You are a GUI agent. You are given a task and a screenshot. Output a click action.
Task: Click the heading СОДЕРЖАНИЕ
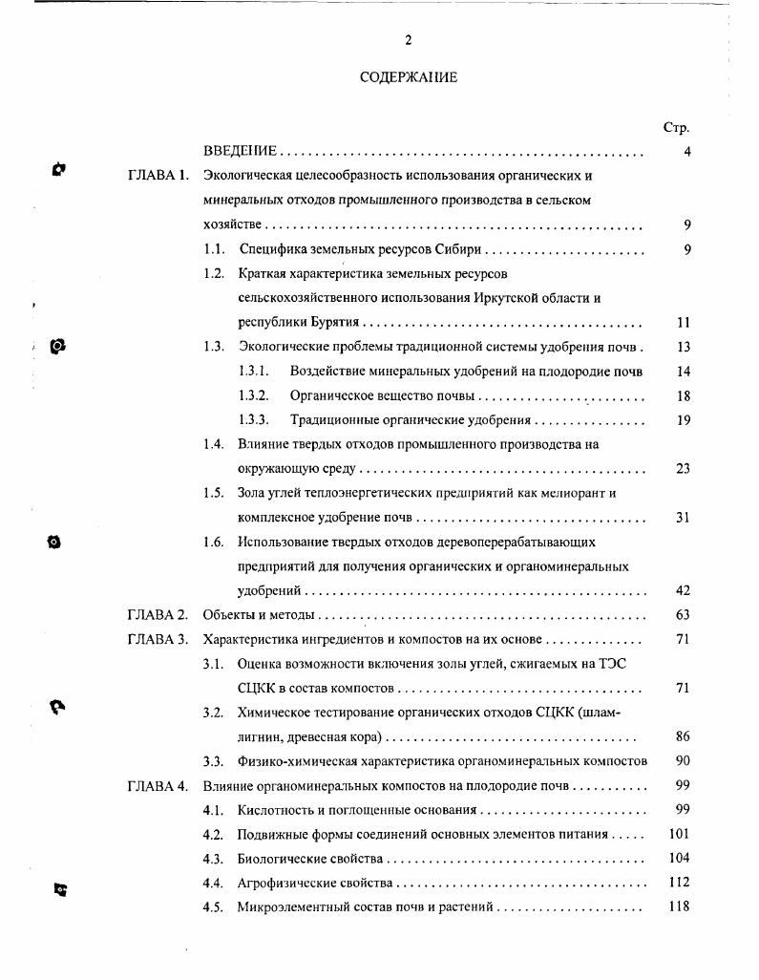point(409,77)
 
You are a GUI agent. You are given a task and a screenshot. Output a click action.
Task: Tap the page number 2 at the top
point(408,40)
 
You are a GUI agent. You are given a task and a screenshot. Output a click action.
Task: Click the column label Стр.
point(676,127)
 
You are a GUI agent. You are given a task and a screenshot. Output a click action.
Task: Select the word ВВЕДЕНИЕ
point(240,152)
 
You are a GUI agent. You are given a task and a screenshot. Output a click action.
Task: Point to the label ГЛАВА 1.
point(158,177)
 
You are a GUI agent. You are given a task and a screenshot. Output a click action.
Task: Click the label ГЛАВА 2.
point(158,615)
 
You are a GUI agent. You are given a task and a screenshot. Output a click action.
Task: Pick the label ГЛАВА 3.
point(158,639)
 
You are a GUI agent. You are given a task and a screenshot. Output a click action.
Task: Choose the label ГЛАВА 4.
point(158,786)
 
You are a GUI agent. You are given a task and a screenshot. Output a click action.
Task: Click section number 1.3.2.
point(253,395)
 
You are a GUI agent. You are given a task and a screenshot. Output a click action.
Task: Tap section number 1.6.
point(213,542)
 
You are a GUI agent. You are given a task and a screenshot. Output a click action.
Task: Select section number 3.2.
point(213,713)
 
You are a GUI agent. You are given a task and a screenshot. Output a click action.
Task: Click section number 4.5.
point(213,906)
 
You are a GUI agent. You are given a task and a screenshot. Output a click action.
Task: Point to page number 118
point(679,906)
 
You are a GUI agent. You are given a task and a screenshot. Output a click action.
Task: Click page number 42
point(683,590)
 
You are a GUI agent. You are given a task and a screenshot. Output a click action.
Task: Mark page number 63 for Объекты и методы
point(683,615)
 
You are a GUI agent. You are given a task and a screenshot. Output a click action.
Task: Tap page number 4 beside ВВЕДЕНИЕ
point(686,152)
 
